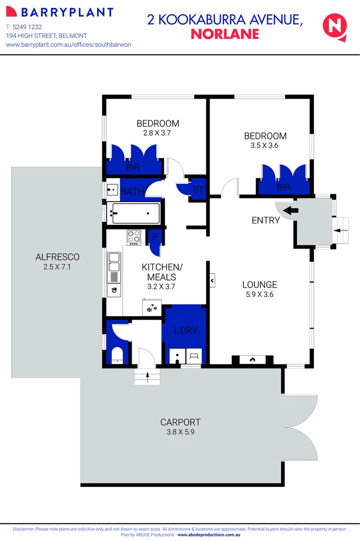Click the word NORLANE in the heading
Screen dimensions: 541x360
(225, 34)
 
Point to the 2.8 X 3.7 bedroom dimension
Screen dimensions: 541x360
(158, 133)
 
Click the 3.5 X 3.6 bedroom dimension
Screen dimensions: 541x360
(265, 146)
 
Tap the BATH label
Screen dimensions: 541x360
(133, 191)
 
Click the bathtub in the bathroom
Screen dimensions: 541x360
(136, 213)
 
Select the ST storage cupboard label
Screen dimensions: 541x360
(198, 190)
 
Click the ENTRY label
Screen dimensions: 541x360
(265, 220)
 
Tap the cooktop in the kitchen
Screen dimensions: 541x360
(134, 237)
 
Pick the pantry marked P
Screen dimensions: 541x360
(155, 237)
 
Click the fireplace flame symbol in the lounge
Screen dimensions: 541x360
(252, 359)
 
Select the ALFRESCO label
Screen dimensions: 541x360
(58, 257)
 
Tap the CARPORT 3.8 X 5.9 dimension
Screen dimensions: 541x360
(181, 431)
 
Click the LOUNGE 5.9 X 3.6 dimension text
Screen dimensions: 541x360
(259, 295)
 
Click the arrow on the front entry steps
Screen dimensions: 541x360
(343, 230)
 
